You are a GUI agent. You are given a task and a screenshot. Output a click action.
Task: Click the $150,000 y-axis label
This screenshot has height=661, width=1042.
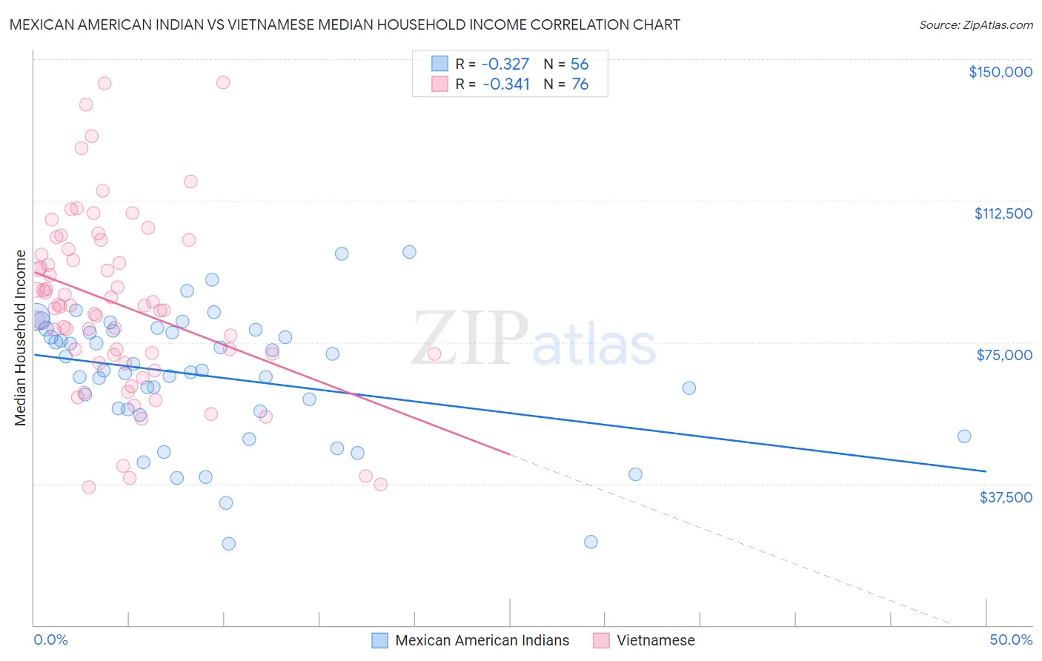coord(1000,72)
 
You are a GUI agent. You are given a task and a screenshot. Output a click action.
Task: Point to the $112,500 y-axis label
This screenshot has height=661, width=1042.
coord(1003,213)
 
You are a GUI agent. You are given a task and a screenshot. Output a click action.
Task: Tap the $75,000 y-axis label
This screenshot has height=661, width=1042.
coord(1004,355)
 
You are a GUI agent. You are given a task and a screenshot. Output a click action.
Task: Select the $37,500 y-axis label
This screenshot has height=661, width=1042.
coord(1006,497)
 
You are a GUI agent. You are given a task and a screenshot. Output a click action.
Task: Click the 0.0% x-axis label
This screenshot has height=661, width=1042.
coord(51,640)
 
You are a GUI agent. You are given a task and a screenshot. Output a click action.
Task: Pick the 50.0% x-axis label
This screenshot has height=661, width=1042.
coord(1011,640)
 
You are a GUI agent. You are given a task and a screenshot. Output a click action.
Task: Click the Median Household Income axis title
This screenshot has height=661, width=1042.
coord(20,338)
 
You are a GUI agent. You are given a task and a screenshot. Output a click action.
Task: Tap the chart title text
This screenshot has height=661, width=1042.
coord(345,24)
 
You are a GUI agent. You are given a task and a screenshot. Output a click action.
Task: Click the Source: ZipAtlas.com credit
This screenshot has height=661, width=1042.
coord(975,24)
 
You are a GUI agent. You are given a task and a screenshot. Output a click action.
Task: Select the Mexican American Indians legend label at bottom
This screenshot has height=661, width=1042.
coord(482,640)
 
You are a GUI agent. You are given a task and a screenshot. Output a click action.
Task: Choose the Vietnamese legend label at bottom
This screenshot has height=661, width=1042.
coord(655,640)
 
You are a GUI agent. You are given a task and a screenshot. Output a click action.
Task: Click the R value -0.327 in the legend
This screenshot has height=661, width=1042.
coord(505,64)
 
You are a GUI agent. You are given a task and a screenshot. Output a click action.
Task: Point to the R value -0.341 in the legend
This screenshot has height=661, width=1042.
coord(505,84)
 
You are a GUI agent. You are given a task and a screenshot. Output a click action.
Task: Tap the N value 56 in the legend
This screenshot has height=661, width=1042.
coord(580,64)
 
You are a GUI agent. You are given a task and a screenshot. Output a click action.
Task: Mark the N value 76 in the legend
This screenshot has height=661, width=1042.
coord(580,84)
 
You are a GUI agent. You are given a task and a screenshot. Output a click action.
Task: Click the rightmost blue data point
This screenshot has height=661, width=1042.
coord(963,436)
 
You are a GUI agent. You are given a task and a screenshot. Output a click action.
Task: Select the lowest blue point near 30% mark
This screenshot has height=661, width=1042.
coord(591,542)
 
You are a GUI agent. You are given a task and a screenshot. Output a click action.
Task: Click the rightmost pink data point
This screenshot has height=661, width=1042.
coord(434,354)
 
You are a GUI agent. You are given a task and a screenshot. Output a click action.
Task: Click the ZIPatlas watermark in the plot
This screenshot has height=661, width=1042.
coord(534,339)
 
